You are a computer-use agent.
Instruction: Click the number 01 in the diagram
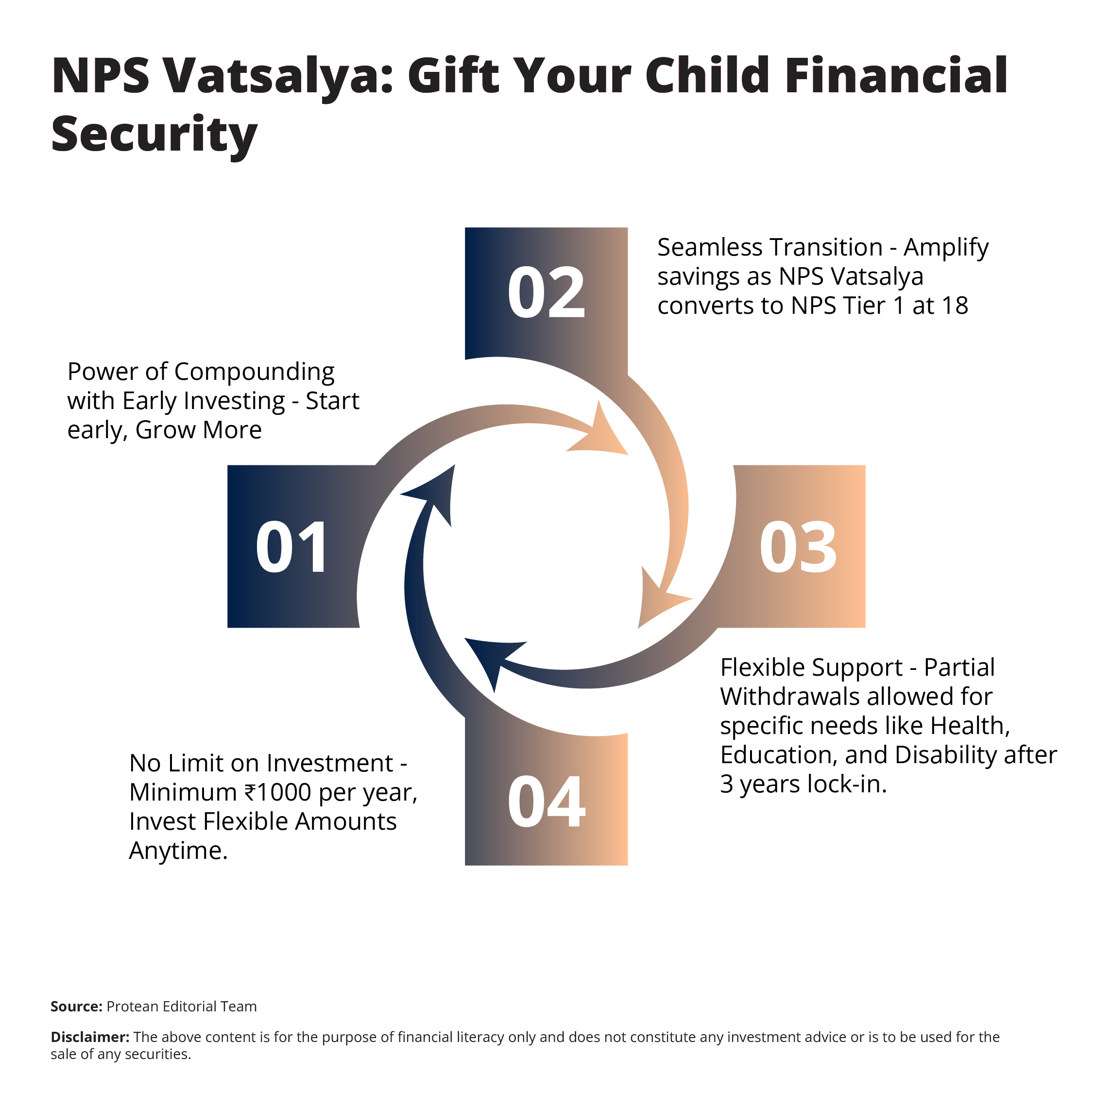point(291,547)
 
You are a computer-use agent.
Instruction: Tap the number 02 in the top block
point(546,293)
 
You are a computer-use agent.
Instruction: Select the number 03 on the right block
point(798,547)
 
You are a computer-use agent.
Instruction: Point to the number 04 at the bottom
point(546,802)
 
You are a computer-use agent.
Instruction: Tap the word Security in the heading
point(154,135)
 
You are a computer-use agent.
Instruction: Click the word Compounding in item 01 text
point(254,372)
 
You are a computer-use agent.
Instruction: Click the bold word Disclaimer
point(90,1037)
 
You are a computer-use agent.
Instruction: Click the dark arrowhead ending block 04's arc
point(436,492)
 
